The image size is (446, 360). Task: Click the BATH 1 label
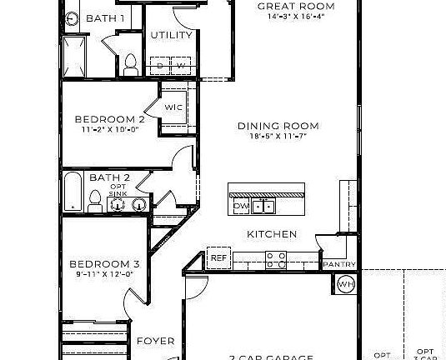point(106,17)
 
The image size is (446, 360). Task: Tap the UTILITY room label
point(171,35)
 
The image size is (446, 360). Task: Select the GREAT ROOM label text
point(289,6)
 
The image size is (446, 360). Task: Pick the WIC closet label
point(173,107)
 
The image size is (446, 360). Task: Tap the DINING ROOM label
point(278,126)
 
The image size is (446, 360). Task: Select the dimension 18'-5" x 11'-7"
point(278,136)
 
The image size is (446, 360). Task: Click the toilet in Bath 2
point(96,198)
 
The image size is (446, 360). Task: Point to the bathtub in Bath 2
point(73,192)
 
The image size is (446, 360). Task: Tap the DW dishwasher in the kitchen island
point(241,205)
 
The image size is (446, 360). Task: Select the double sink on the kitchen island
point(265,205)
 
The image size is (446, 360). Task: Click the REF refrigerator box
point(218,258)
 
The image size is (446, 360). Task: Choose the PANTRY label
point(338,265)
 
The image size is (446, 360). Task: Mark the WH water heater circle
point(346,285)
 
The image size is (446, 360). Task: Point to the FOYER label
point(156,341)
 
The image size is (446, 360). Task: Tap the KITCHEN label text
point(271,234)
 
